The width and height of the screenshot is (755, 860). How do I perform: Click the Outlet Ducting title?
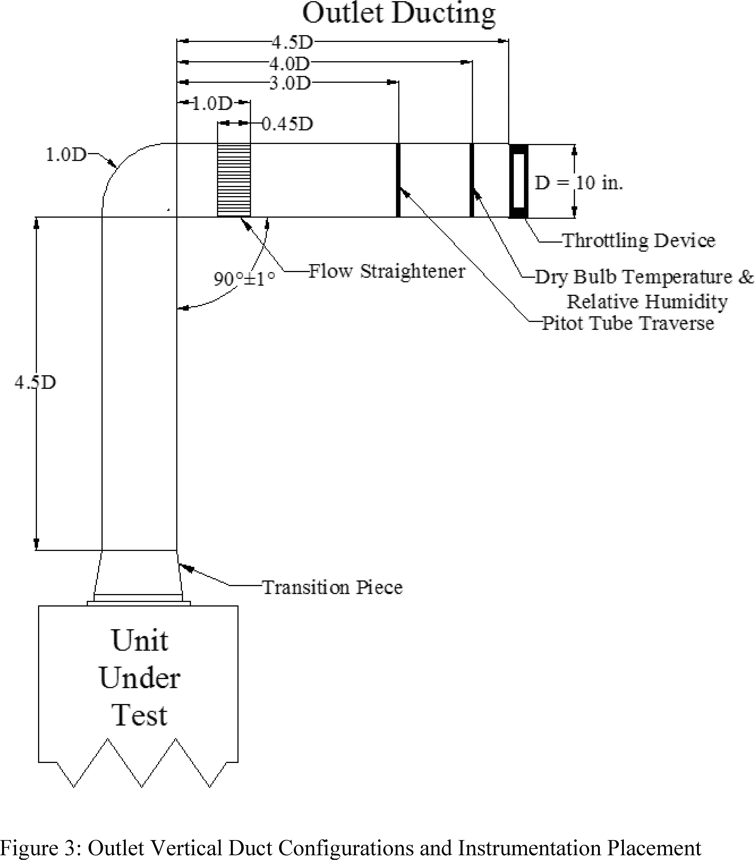pos(398,13)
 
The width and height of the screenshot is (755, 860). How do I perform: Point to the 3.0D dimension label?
pos(290,83)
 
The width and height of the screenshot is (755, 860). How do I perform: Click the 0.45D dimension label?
pos(287,124)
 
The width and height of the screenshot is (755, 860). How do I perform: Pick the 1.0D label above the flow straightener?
pos(212,103)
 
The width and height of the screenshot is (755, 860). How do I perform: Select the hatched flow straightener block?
pos(234,180)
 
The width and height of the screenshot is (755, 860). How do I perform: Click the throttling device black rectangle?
pos(518,181)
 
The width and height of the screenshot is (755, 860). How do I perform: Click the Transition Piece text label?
pos(332,587)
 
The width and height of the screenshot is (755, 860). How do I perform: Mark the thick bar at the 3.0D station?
pos(398,180)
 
